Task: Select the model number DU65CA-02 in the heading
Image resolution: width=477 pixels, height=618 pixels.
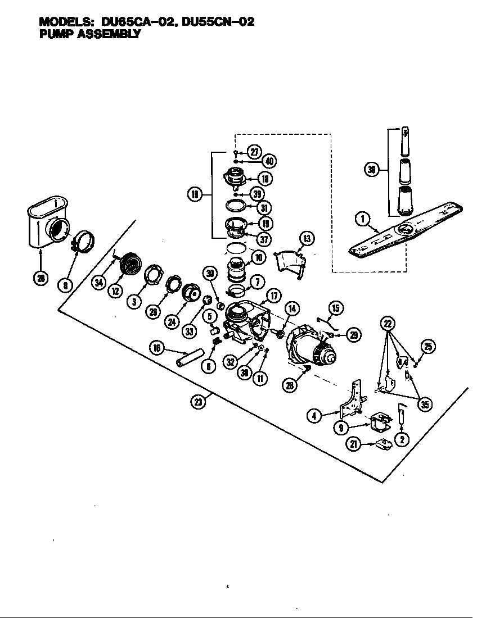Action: point(137,22)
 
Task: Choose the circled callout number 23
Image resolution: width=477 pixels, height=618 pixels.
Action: point(198,402)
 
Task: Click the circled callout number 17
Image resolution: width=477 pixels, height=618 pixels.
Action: point(273,295)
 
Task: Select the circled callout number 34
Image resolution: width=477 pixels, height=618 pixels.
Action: point(99,283)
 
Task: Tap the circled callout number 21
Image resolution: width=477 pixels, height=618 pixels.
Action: point(354,444)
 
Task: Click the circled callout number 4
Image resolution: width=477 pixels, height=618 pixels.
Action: point(314,416)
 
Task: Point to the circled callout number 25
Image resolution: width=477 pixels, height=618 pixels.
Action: point(429,347)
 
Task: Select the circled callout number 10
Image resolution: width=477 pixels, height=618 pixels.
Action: point(258,257)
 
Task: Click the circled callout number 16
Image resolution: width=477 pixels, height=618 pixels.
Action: point(157,348)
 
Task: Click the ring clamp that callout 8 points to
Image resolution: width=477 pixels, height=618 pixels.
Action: point(82,242)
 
